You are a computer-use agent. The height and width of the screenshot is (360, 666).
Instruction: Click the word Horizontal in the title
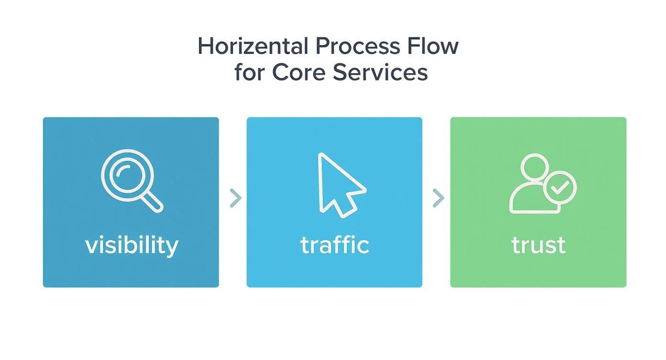tap(253, 46)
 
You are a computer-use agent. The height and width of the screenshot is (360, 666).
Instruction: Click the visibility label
tap(132, 246)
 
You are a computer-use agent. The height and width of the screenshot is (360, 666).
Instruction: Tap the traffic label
tap(334, 245)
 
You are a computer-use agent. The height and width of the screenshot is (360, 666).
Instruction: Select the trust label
tap(538, 246)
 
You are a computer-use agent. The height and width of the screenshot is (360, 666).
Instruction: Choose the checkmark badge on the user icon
tap(560, 187)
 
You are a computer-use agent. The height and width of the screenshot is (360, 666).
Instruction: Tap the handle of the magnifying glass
tap(153, 202)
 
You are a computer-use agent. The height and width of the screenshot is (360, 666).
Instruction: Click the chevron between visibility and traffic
tap(235, 198)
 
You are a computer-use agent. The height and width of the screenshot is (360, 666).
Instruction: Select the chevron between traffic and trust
tap(438, 198)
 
